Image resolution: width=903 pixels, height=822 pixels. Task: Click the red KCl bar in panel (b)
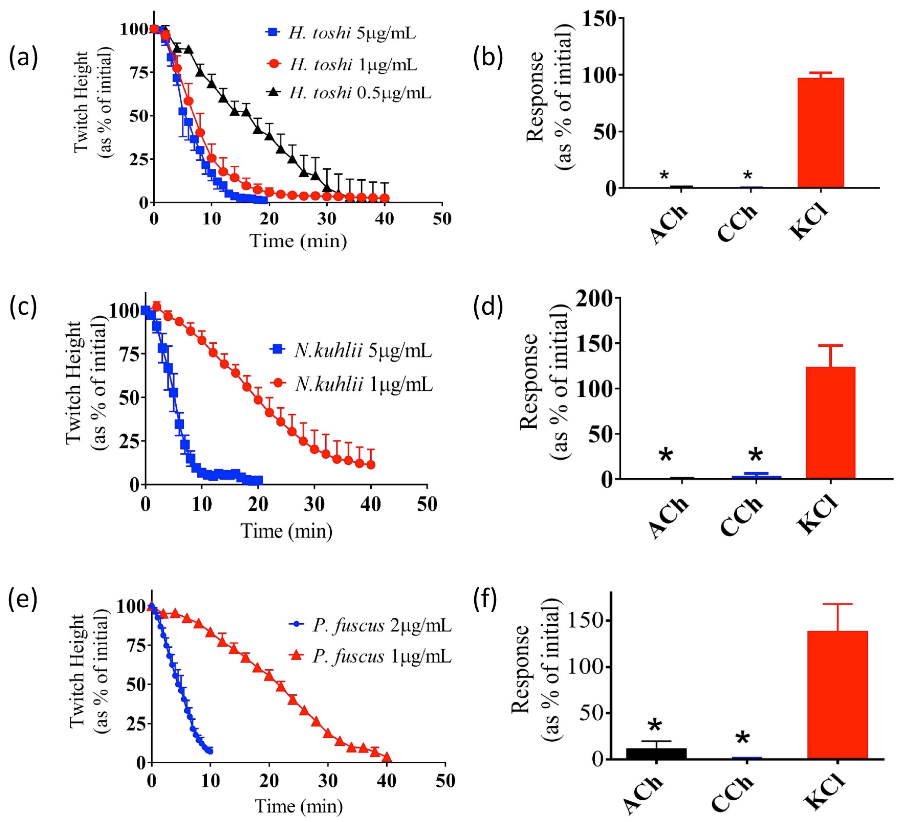pyautogui.click(x=821, y=133)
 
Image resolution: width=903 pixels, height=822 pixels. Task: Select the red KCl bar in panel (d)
pyautogui.click(x=830, y=423)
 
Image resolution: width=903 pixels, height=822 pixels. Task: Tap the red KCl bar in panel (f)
pyautogui.click(x=837, y=695)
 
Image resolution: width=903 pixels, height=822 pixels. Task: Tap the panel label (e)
pyautogui.click(x=23, y=600)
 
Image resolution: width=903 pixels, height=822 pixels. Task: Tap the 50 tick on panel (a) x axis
pyautogui.click(x=442, y=219)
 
